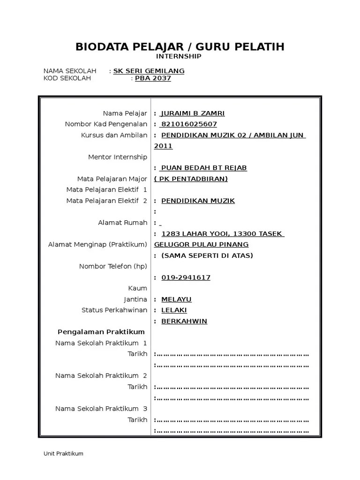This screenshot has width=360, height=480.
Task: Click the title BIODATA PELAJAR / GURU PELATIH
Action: [x=180, y=47]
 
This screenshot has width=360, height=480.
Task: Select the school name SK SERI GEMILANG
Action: [x=149, y=71]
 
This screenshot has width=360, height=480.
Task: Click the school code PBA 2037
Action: [x=153, y=78]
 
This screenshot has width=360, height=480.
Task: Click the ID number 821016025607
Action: [x=188, y=124]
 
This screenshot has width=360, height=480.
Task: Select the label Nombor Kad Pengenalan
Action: [x=106, y=124]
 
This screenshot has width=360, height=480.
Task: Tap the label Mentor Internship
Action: [x=118, y=157]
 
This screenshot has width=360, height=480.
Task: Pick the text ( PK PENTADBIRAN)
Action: [x=191, y=179]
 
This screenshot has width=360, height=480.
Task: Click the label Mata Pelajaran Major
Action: [x=112, y=179]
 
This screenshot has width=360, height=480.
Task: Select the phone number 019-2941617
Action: [x=186, y=277]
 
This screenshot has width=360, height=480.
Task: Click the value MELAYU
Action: [x=176, y=299]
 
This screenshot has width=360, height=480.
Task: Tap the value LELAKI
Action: [x=174, y=310]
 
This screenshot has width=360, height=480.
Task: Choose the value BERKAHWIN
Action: [x=184, y=321]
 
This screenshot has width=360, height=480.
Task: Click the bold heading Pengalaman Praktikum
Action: [x=101, y=332]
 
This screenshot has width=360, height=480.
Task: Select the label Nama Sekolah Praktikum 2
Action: [x=101, y=375]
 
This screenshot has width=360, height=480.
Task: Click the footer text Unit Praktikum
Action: [x=63, y=453]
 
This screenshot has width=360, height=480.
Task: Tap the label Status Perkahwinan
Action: [x=114, y=310]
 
